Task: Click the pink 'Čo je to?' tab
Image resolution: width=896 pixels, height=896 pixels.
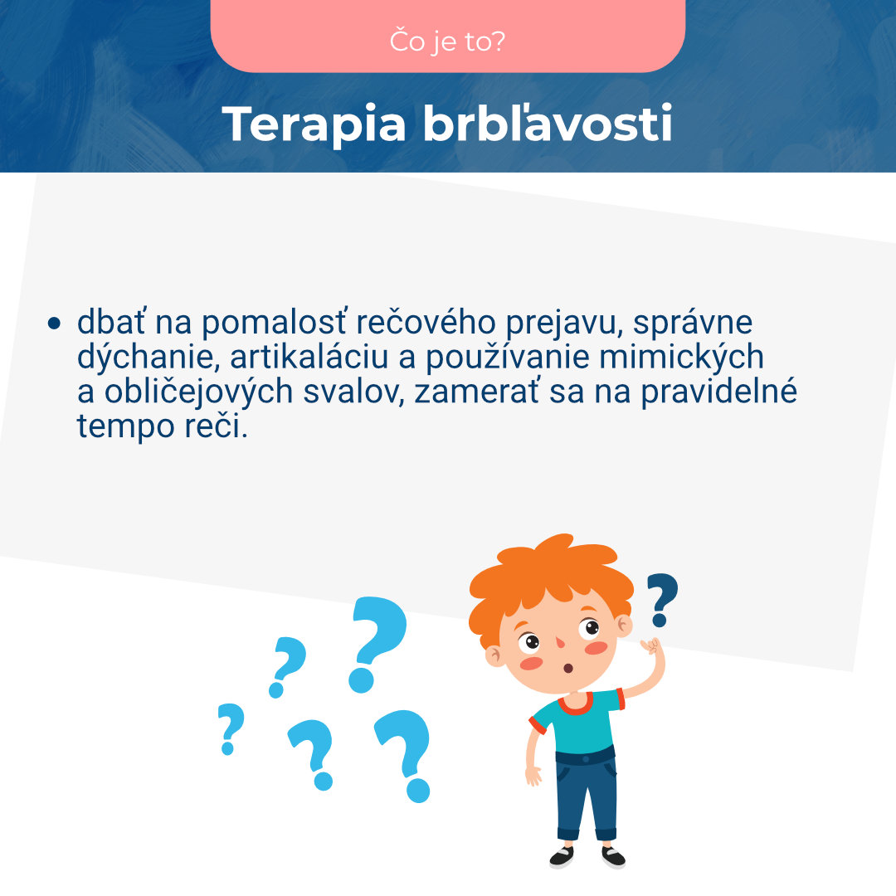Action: tap(448, 40)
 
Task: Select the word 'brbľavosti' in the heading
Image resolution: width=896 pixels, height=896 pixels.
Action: tap(548, 124)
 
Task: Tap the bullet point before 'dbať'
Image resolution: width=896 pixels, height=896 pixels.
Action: tap(55, 324)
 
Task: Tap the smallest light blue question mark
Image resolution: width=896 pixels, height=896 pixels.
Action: tap(231, 728)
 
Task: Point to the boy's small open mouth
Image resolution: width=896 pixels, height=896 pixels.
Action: tap(568, 668)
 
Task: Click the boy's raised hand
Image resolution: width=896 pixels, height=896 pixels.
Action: tap(652, 647)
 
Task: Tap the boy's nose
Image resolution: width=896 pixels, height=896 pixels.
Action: tap(559, 643)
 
